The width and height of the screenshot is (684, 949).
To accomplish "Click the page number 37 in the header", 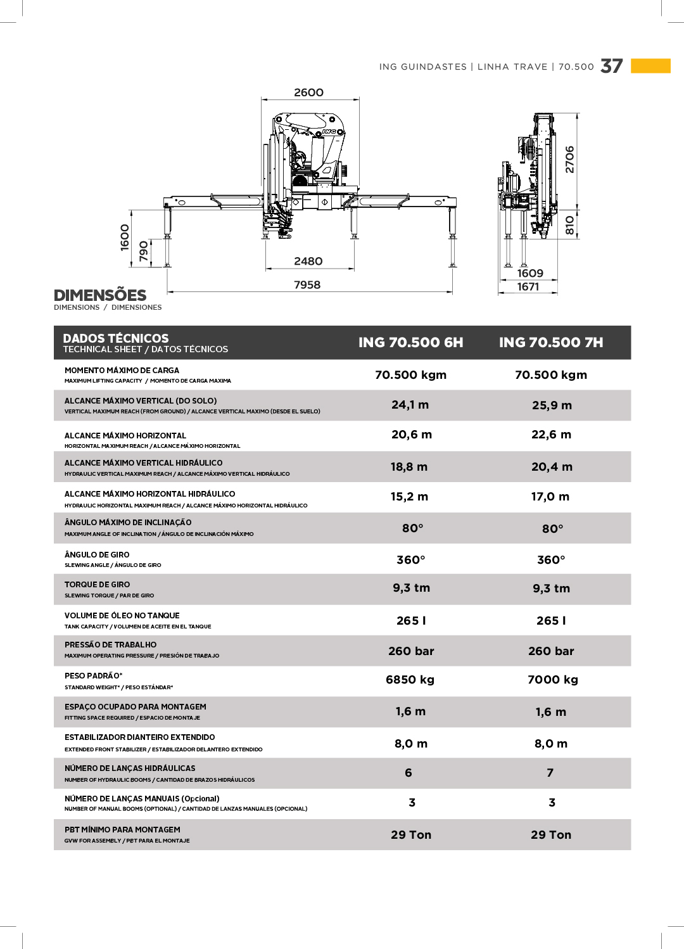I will coord(612,66).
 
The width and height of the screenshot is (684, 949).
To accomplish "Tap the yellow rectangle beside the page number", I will coord(650,66).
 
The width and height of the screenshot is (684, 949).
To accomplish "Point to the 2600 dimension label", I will coord(308,92).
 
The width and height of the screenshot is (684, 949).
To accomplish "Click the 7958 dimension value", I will coord(307,285).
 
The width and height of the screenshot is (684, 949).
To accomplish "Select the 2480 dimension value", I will coord(308,261).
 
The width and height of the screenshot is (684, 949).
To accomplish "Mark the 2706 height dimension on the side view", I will coord(570,160).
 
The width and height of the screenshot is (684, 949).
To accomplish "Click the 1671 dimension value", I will coord(528,286).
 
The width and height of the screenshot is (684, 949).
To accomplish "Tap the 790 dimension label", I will coord(144,251).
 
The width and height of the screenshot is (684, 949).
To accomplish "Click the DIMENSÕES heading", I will coord(100,295).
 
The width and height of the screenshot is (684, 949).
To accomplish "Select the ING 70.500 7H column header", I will coord(551,343).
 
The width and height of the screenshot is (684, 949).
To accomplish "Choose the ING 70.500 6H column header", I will coord(410,343).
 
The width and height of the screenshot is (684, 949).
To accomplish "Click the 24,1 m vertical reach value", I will coord(410,405).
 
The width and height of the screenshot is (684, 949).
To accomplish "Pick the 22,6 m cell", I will coord(551,435).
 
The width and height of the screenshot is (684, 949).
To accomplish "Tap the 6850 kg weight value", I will coord(410,680).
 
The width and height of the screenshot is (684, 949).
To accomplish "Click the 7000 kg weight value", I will coord(552,680).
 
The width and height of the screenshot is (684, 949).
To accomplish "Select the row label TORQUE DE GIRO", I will coord(98,585).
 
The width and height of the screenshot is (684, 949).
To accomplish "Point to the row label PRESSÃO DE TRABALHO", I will coord(111,645).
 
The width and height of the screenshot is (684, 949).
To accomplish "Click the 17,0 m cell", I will coord(550,497).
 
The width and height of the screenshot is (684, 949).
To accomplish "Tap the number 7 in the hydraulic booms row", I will coord(550,773).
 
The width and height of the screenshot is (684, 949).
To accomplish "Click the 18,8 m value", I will coord(408,467).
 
